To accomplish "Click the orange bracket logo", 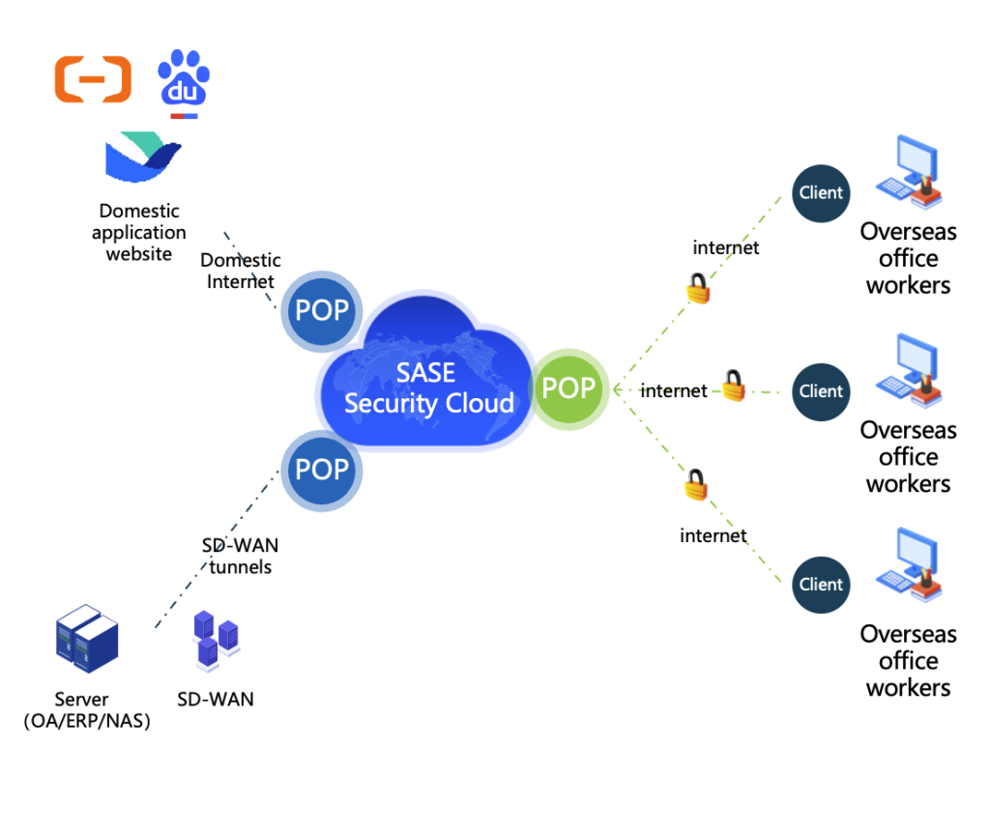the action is (x=93, y=79).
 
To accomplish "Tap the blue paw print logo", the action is (x=184, y=83).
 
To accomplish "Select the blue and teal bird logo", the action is (x=143, y=158).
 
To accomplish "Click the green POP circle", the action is (x=568, y=388).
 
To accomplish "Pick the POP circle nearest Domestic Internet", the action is (x=322, y=310).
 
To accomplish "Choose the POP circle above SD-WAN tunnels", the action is (x=322, y=471).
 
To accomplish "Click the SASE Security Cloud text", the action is (x=428, y=388).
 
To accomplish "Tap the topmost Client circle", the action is (x=821, y=193).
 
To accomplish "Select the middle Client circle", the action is (x=821, y=392).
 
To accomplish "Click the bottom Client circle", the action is (x=821, y=585).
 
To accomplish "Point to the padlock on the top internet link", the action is (x=698, y=289).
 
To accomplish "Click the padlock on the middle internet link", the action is (x=734, y=386).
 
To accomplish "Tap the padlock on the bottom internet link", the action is (x=696, y=485).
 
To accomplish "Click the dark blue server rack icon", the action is (x=86, y=638).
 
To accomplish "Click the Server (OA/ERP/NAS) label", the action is (x=86, y=710).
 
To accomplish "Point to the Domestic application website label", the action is (x=139, y=232).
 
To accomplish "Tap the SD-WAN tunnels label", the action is (x=240, y=557).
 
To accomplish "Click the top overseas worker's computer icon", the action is (x=909, y=172).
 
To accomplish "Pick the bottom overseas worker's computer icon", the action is (x=909, y=564).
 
